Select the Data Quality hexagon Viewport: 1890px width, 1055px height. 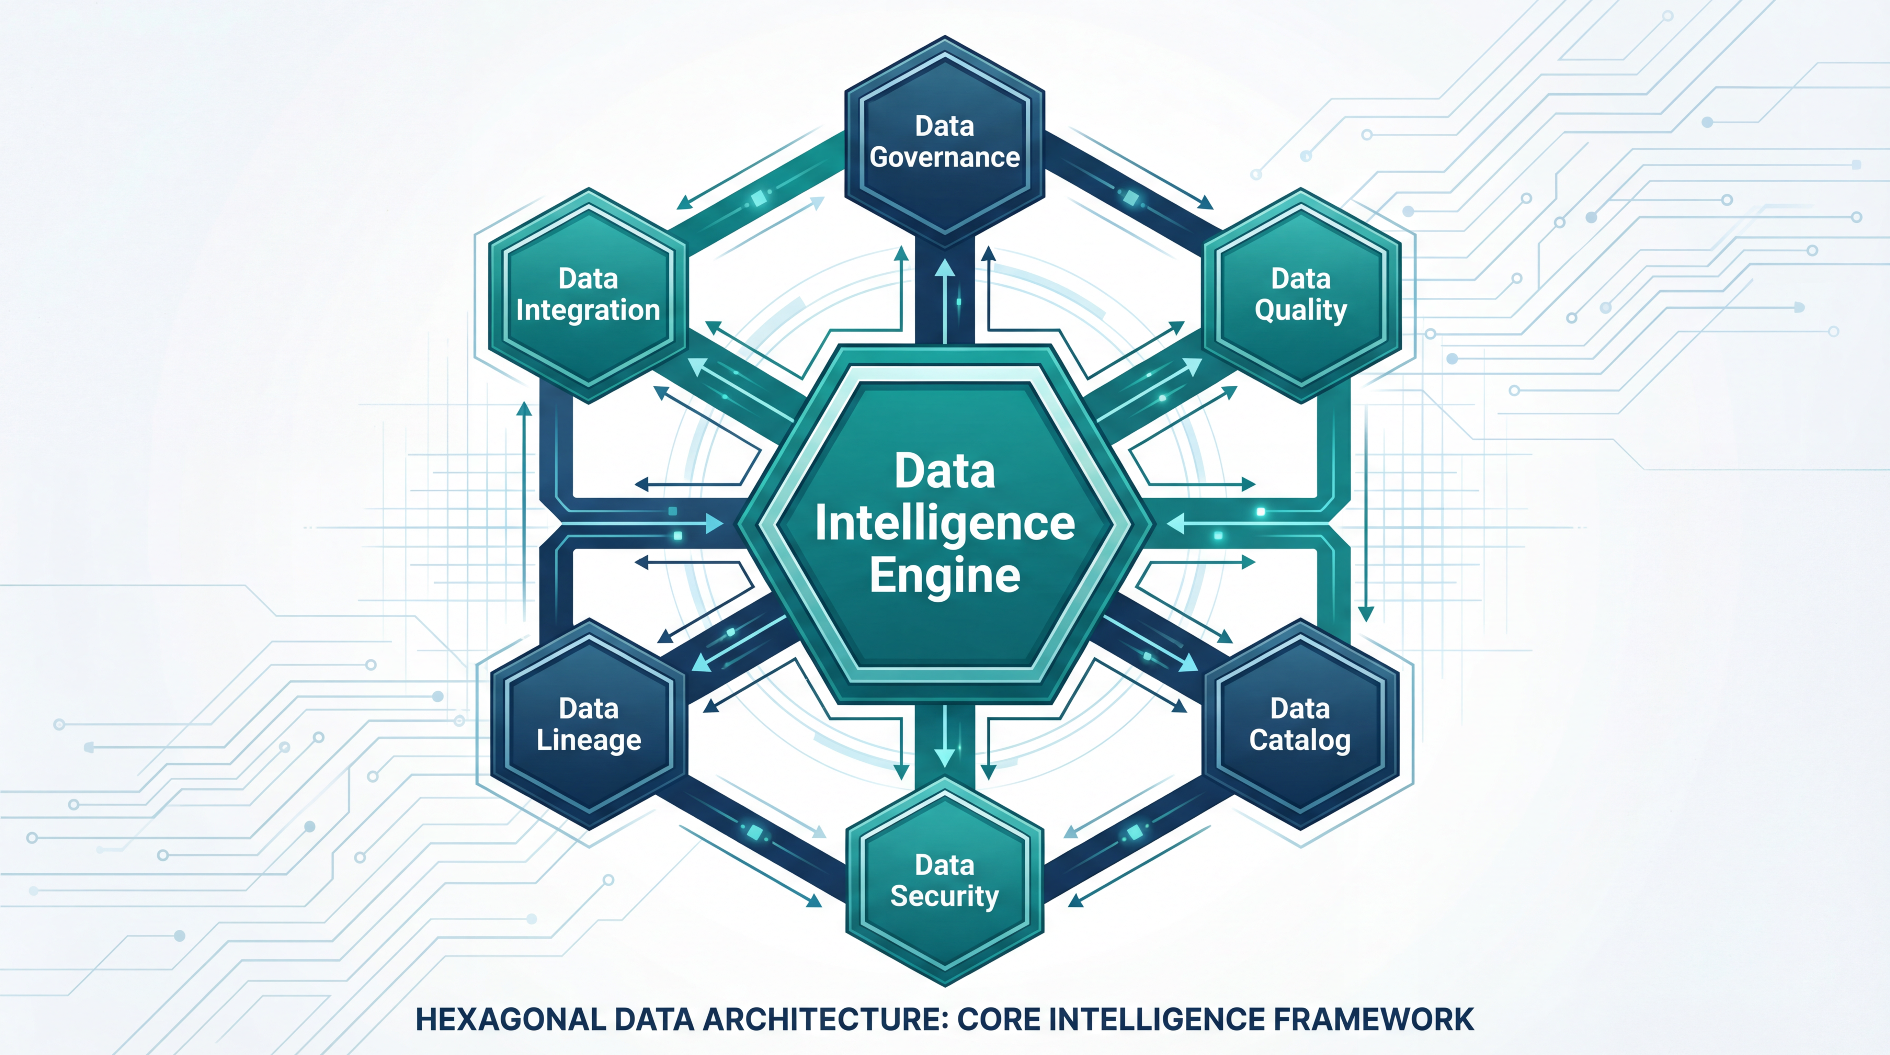1301,295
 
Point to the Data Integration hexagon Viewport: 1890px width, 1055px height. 589,295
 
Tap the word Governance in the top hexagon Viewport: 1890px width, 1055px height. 945,157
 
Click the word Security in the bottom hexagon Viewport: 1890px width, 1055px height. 945,897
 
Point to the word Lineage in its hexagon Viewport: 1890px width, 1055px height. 589,740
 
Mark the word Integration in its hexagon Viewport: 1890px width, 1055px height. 589,310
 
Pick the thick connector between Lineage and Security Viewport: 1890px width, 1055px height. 763,836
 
